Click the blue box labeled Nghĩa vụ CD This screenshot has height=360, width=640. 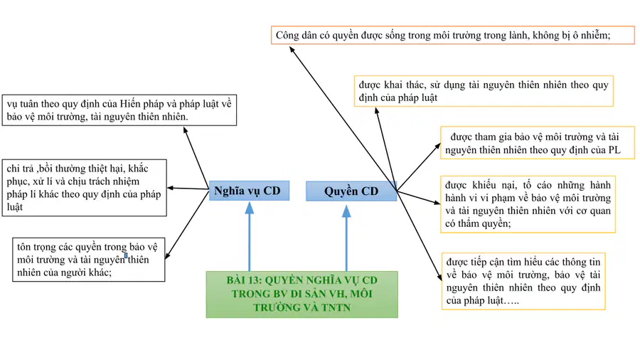[249, 191]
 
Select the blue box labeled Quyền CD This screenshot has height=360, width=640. [351, 191]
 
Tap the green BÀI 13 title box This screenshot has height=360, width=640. [302, 294]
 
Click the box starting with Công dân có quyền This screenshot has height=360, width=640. [453, 35]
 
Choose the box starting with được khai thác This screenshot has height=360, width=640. [484, 91]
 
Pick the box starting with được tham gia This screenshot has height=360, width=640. [537, 143]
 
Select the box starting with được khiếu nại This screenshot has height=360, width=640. [528, 204]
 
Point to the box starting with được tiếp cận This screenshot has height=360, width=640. [523, 281]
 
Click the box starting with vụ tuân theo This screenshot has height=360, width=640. [119, 110]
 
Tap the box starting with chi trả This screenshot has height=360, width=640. [84, 188]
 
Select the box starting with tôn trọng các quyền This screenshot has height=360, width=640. [89, 260]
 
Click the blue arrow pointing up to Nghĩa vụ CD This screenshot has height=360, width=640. [250, 237]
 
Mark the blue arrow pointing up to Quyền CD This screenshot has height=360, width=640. [346, 238]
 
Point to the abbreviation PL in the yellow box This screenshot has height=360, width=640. [614, 150]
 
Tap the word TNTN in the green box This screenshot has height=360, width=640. [336, 307]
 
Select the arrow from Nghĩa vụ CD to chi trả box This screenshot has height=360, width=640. [188, 189]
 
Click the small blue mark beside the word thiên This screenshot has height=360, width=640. [126, 255]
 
